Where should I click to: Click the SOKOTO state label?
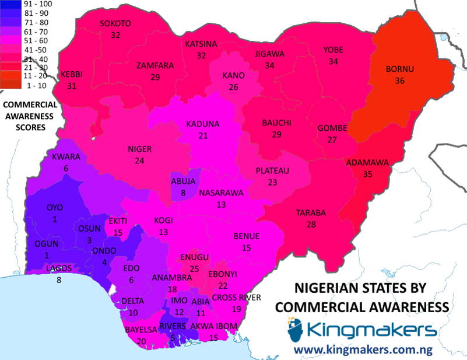(115, 23)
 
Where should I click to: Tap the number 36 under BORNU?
(399, 81)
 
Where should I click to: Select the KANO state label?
(233, 76)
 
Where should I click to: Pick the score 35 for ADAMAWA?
(367, 174)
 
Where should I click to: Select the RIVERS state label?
(173, 326)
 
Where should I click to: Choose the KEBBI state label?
(72, 75)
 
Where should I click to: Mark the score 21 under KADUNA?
(202, 135)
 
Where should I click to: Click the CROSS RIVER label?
(236, 298)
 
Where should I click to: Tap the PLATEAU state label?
(272, 171)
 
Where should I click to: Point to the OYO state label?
(54, 208)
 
